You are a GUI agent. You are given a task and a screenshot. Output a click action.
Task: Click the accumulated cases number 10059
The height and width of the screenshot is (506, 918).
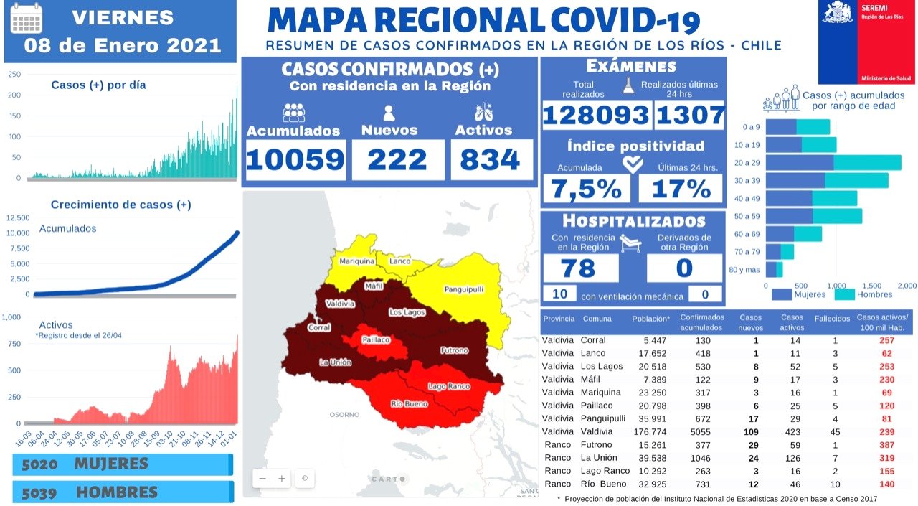click(x=295, y=159)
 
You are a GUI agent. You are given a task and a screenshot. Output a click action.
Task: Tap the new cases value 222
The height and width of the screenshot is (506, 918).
click(x=397, y=159)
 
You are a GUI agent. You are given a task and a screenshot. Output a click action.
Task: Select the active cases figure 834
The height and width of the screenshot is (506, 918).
click(x=491, y=159)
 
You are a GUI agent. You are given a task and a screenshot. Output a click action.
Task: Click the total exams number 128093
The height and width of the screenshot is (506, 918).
click(x=596, y=115)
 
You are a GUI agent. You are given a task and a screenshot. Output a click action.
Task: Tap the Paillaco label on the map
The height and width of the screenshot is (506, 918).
click(x=376, y=339)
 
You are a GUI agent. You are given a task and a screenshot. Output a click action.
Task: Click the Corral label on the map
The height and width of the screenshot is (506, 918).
click(x=318, y=327)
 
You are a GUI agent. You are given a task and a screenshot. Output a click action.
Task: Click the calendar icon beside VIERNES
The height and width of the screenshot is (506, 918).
click(x=27, y=19)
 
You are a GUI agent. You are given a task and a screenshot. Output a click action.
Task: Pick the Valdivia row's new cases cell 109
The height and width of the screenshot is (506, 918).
click(x=751, y=431)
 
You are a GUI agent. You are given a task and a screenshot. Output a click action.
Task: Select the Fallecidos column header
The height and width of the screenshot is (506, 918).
click(x=832, y=319)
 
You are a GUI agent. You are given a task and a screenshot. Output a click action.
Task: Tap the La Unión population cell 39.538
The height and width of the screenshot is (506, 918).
click(x=652, y=458)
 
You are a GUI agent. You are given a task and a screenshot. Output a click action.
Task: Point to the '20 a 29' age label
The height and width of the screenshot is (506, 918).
click(x=747, y=162)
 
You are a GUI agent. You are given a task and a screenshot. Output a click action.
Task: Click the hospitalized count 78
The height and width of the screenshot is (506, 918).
click(x=578, y=268)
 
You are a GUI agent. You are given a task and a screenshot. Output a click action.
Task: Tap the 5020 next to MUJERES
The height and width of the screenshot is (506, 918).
click(x=40, y=464)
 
